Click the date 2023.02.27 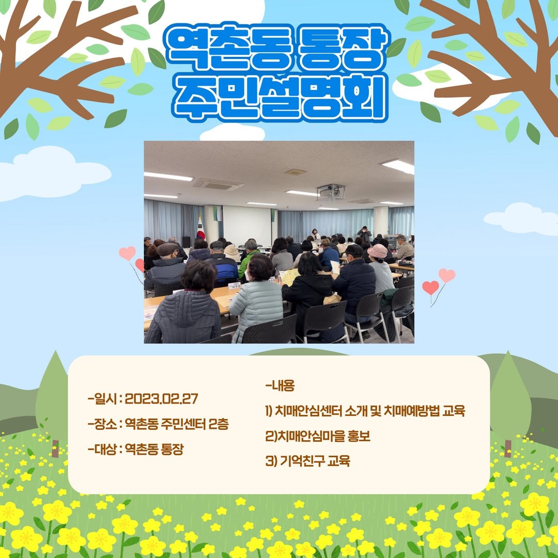161,398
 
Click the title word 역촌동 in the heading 228,48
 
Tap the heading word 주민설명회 280,97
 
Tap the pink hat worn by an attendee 377,251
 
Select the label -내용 280,385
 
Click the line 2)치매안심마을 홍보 318,436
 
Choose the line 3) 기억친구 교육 308,461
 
